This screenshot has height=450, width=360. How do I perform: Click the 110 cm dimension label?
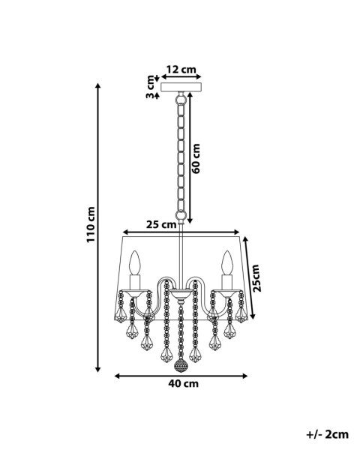coord(91,224)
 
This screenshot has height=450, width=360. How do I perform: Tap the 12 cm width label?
coord(181,70)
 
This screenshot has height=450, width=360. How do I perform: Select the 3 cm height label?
coord(150,87)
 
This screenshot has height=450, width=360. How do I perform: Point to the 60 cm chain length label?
coord(196,158)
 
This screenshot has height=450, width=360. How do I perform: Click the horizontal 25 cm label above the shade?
coord(161,224)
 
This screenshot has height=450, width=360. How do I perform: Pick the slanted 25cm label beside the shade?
coord(256,278)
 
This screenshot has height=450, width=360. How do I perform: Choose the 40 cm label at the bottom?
coord(184,384)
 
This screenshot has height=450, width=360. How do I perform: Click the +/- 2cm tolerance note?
coord(328,434)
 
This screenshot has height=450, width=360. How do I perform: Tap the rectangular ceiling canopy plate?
coord(181,87)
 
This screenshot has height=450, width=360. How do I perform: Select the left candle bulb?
coord(134,262)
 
